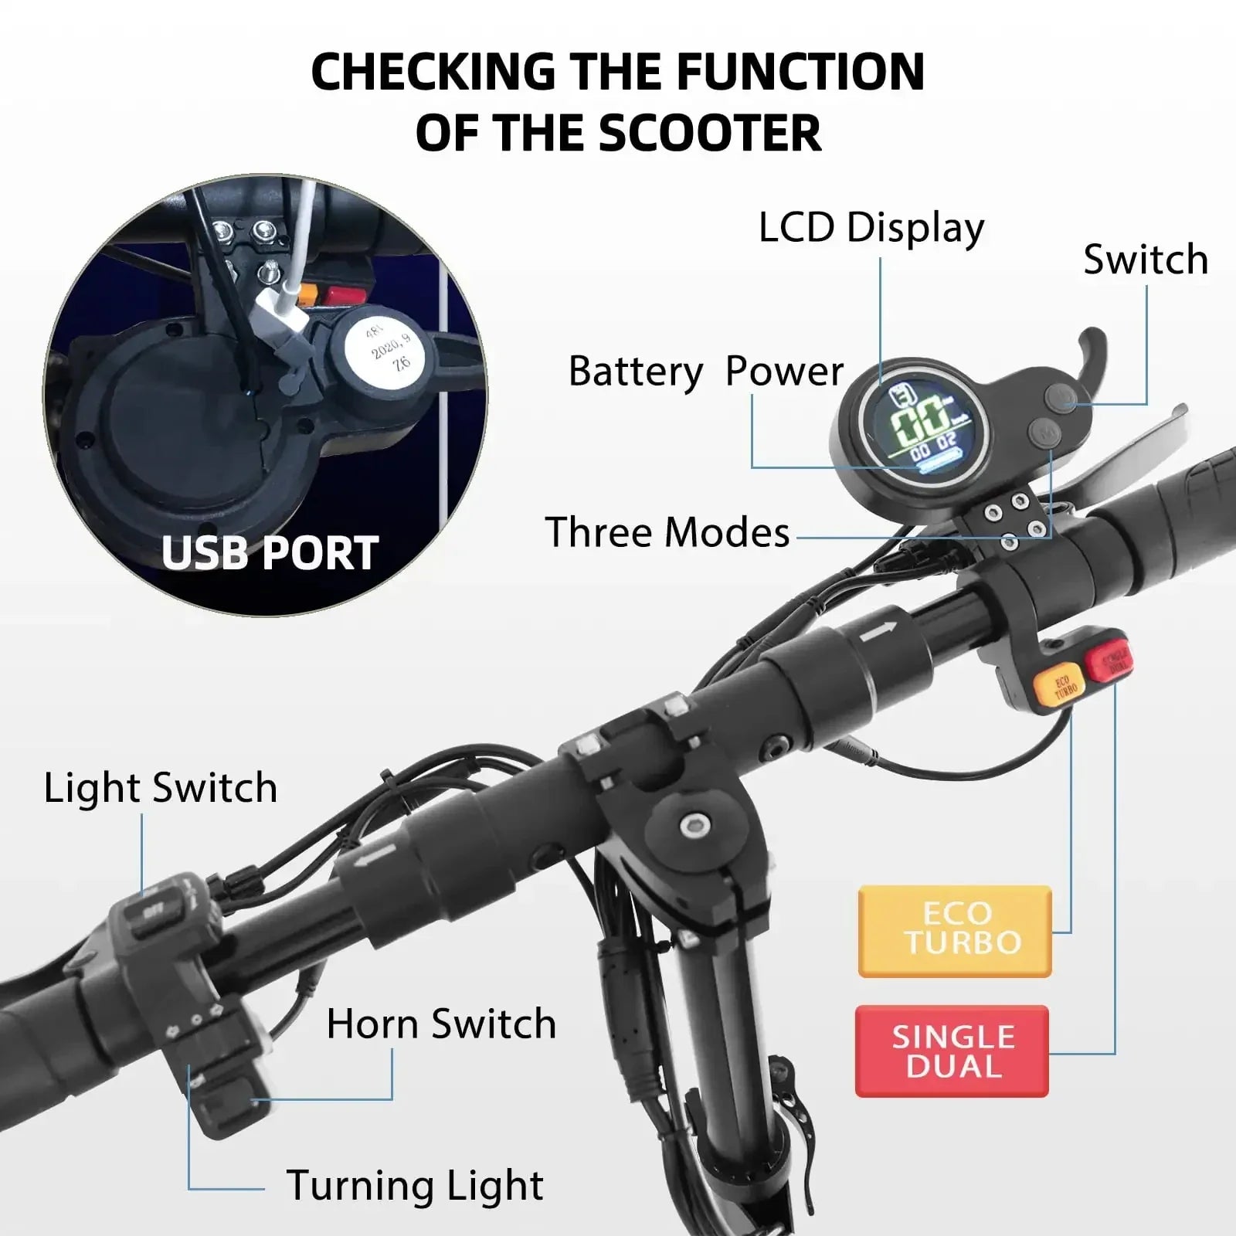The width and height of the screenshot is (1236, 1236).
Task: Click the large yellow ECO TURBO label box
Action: [x=955, y=930]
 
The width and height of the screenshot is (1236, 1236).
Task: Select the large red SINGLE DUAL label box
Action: [x=952, y=1051]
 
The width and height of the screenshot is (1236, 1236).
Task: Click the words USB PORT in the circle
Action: [x=270, y=552]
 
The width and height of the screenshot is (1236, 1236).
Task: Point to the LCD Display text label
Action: [x=871, y=229]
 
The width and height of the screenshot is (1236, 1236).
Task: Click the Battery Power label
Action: [x=705, y=372]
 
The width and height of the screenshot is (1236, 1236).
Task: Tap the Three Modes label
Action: [x=667, y=532]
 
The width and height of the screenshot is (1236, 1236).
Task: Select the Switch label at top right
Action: [x=1145, y=260]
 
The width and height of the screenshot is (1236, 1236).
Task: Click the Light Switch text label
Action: [x=160, y=788]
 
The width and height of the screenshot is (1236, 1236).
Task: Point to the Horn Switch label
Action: [x=441, y=1024]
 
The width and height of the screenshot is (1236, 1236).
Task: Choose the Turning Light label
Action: [x=415, y=1186]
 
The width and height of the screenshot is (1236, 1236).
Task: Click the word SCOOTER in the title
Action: [x=709, y=132]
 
